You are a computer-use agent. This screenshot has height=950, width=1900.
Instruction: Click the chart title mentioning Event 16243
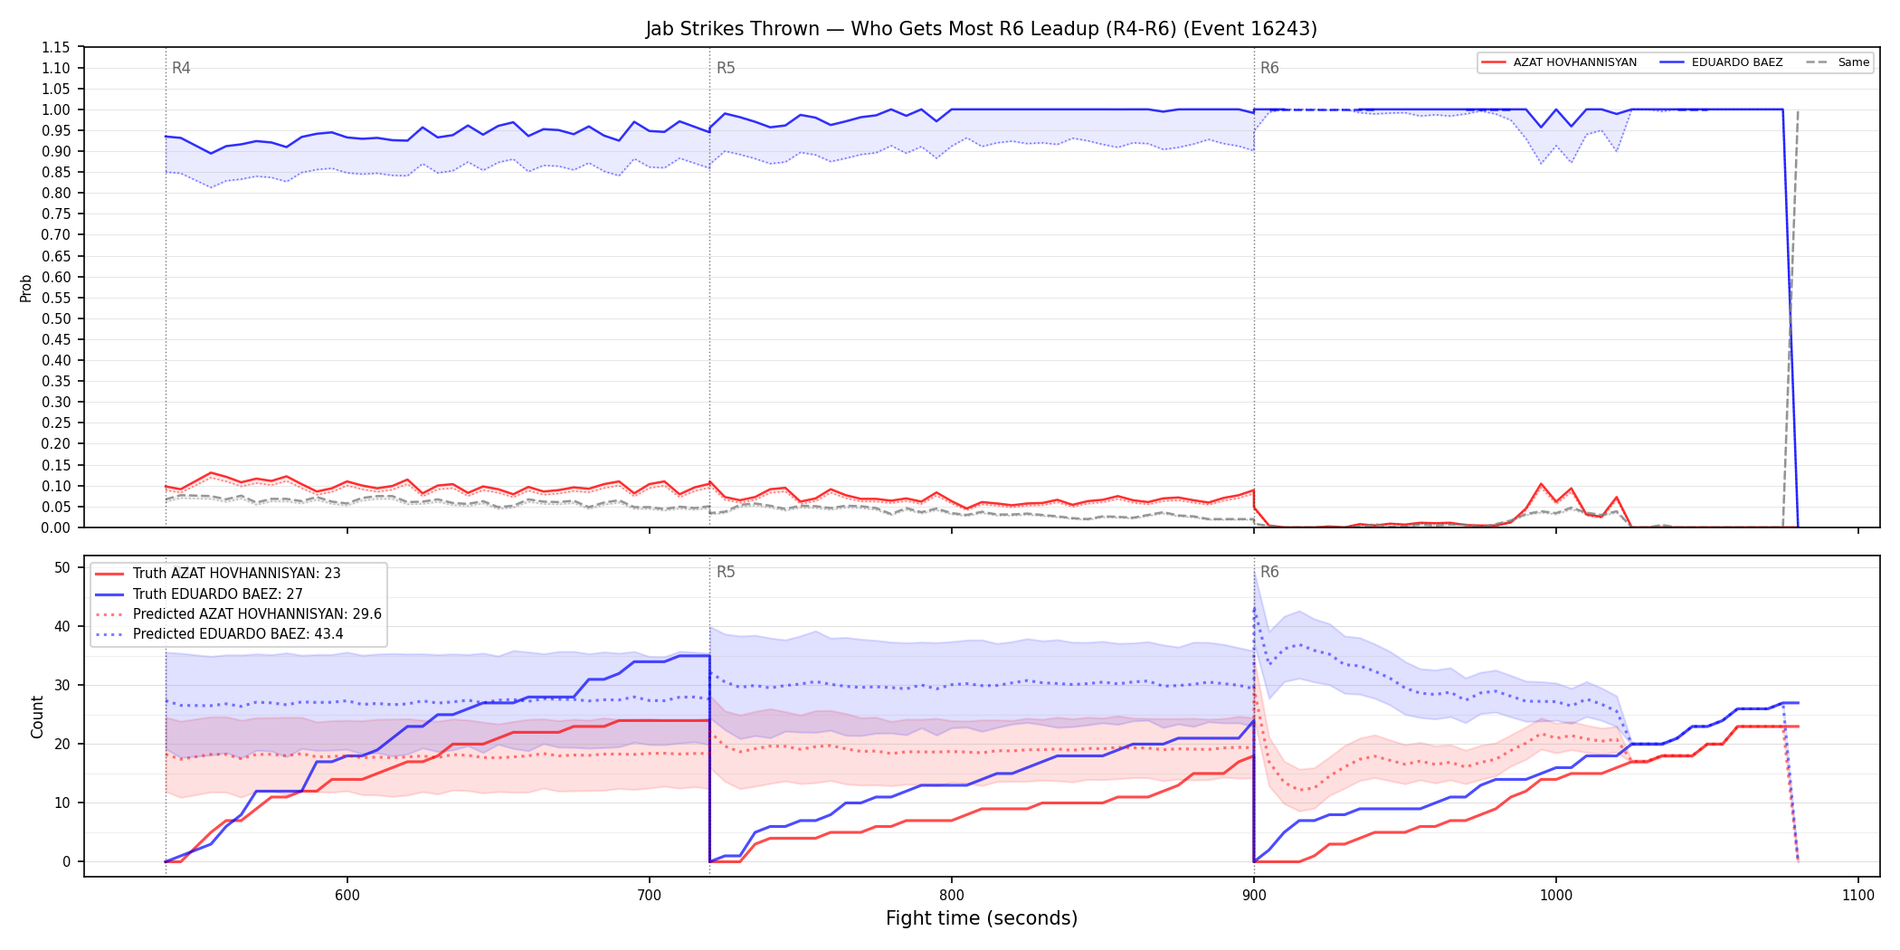[981, 29]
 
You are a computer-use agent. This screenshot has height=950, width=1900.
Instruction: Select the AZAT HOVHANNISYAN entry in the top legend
[1560, 62]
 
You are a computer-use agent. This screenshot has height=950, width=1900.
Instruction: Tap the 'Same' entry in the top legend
[1838, 62]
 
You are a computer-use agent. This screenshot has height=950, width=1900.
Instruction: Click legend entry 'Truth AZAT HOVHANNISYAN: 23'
[218, 574]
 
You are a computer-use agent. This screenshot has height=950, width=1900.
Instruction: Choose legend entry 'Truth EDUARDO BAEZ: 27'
[199, 594]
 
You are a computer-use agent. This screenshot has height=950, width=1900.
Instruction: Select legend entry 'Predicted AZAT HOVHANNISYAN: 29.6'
[239, 613]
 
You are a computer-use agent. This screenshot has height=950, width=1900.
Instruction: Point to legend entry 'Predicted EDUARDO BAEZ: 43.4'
[220, 633]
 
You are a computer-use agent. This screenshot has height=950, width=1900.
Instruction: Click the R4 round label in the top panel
[181, 68]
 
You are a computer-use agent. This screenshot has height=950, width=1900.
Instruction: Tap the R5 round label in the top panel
[726, 68]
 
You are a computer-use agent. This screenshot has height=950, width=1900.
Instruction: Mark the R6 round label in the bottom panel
[1269, 572]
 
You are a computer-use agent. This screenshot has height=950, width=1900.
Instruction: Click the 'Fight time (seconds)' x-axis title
[982, 918]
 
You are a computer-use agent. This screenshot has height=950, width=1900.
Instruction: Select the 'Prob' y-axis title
[26, 288]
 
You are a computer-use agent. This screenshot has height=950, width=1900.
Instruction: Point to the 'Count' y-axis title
[37, 717]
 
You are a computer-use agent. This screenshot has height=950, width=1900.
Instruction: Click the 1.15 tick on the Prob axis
[56, 47]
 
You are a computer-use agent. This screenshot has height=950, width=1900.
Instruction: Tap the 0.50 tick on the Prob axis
[56, 318]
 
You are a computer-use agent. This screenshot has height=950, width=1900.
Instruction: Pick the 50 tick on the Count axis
[62, 567]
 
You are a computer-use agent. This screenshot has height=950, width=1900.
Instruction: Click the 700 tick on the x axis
[650, 895]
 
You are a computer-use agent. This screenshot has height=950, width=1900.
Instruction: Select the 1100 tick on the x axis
[1858, 895]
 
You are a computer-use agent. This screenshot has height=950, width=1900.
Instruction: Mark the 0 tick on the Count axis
[66, 861]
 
